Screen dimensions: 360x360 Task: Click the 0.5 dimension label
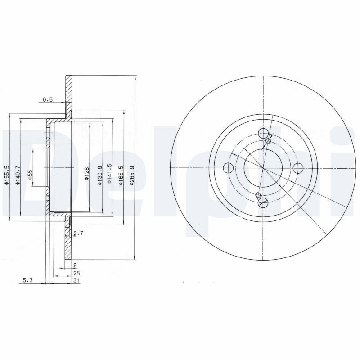(47, 99)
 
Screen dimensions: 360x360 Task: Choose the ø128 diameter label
(87, 173)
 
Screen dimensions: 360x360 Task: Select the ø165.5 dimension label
(121, 174)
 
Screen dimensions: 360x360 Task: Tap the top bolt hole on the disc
(264, 133)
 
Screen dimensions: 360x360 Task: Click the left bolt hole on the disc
(229, 168)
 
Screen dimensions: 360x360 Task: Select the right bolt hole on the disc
(298, 168)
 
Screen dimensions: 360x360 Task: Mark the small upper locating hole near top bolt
(269, 141)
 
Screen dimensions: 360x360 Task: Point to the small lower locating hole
(258, 195)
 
